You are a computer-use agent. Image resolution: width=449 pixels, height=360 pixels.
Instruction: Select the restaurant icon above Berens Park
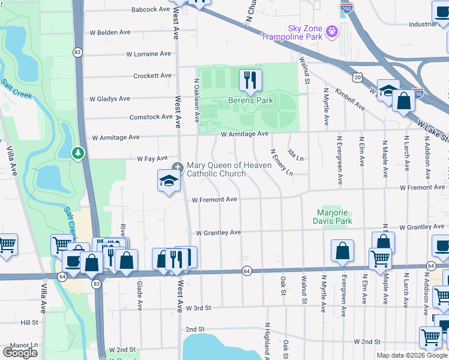point(251,80)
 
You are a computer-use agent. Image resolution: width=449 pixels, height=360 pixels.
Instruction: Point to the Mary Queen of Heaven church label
point(216,169)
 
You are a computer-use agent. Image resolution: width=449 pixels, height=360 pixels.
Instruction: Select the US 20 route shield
point(358,77)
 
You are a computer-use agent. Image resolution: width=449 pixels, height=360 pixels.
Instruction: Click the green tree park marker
point(77,154)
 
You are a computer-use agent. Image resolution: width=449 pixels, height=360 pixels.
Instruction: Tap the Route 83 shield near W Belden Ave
point(77,52)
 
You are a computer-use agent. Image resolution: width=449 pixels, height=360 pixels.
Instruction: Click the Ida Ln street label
point(295,155)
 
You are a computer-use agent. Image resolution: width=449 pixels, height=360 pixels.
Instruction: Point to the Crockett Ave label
point(152,76)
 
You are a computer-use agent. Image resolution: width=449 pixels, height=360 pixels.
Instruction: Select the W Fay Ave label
point(152,158)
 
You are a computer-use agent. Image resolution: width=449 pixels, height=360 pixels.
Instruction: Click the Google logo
point(20,353)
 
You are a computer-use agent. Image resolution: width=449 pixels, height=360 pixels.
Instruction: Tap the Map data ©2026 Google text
point(411,355)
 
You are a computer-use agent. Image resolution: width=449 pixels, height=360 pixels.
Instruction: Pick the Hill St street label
point(29,322)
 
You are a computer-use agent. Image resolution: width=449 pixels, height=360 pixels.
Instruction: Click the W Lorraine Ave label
point(149,54)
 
